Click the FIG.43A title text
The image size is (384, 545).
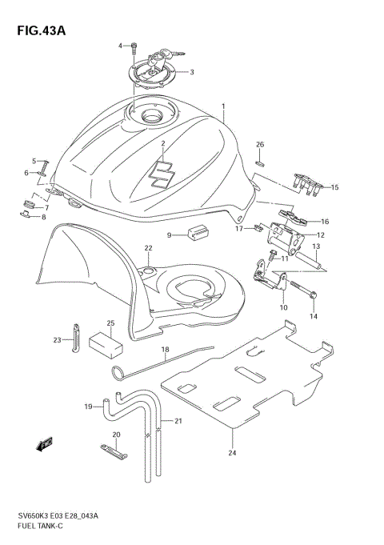pyautogui.click(x=39, y=30)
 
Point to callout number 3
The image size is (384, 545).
pyautogui.click(x=191, y=71)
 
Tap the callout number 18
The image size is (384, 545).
pyautogui.click(x=165, y=350)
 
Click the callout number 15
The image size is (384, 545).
pyautogui.click(x=334, y=188)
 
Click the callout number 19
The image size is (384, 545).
pyautogui.click(x=89, y=407)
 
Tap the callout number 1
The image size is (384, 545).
pyautogui.click(x=224, y=106)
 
